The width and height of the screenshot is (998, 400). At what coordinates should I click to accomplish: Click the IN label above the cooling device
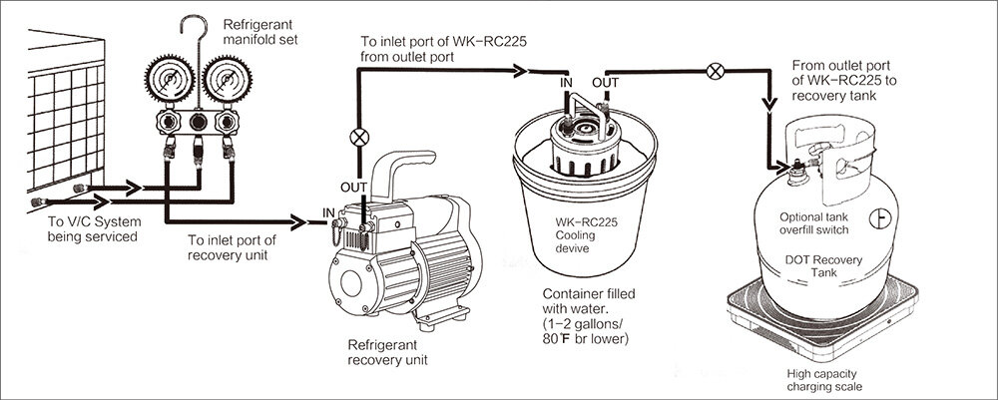[565, 81]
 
